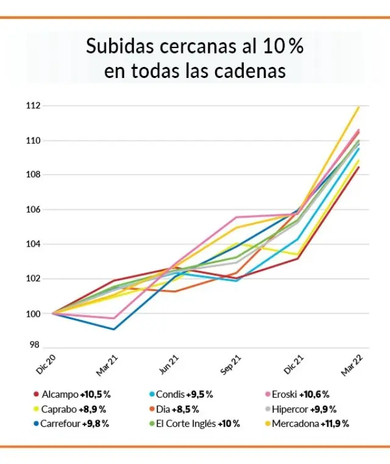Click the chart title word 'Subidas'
122,46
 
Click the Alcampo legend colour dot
37,395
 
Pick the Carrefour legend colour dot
37,424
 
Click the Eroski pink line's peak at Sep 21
236,217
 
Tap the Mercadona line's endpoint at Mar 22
359,107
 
